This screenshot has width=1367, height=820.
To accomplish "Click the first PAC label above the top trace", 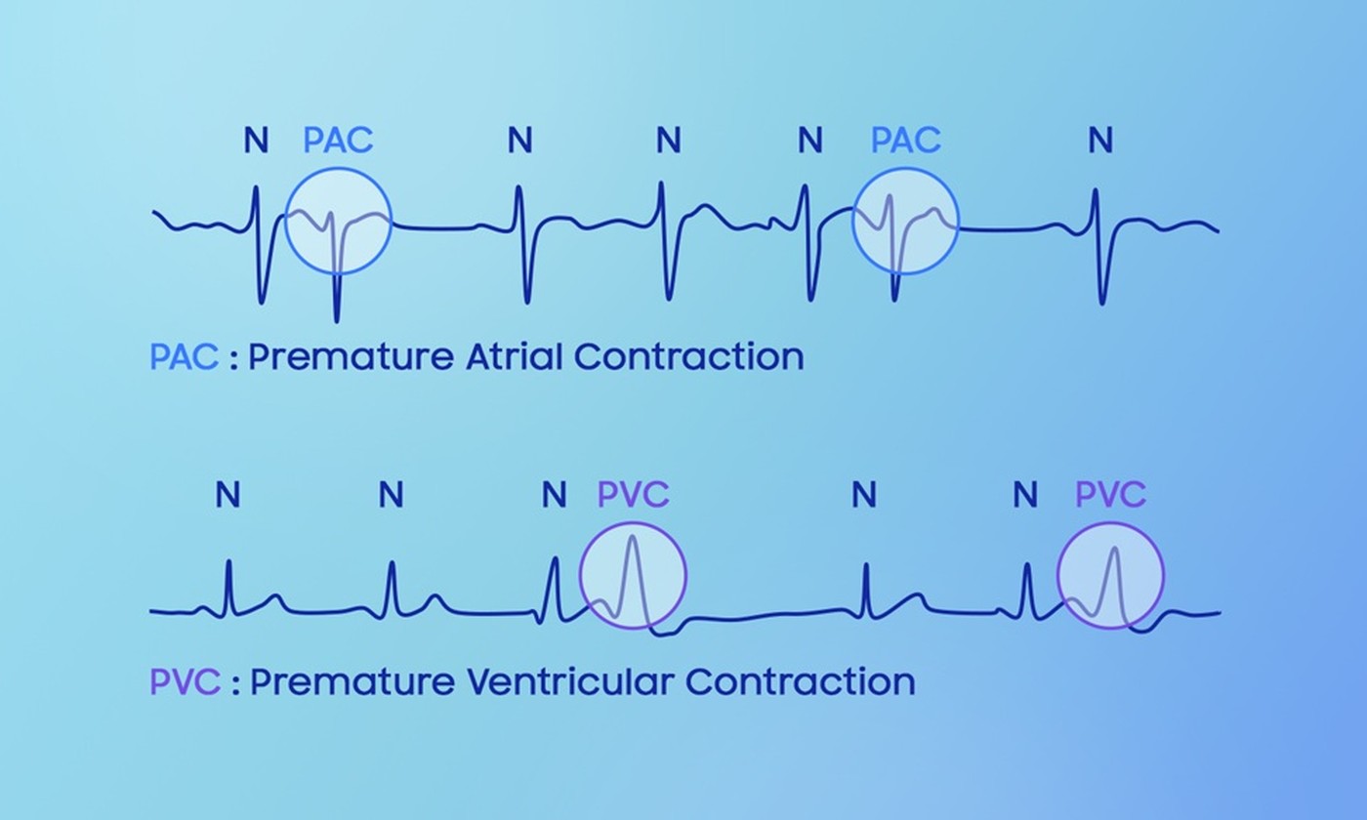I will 338,141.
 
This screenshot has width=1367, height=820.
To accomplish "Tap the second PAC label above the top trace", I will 905,141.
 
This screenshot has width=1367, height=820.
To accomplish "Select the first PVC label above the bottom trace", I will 633,495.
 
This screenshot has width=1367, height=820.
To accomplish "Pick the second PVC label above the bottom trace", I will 1110,495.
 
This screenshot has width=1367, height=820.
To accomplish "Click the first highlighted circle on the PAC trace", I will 338,221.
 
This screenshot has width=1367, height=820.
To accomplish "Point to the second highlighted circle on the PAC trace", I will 905,221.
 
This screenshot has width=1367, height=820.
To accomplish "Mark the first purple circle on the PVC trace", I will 633,575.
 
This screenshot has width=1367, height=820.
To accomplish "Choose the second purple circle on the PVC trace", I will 1110,575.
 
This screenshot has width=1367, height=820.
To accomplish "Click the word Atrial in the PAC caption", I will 515,357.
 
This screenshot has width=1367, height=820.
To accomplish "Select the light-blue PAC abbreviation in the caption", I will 184,357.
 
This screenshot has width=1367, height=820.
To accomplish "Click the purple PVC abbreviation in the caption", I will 185,681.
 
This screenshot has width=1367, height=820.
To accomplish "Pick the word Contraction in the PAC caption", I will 688,357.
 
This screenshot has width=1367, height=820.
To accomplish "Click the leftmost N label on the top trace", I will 256,142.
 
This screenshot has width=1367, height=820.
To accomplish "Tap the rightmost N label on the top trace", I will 1100,142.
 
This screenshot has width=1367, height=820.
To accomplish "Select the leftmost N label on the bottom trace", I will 228,496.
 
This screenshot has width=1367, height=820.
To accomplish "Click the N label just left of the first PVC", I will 554,496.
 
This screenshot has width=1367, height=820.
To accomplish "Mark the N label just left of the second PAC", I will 809,142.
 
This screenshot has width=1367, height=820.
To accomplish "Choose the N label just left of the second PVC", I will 1024,496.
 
